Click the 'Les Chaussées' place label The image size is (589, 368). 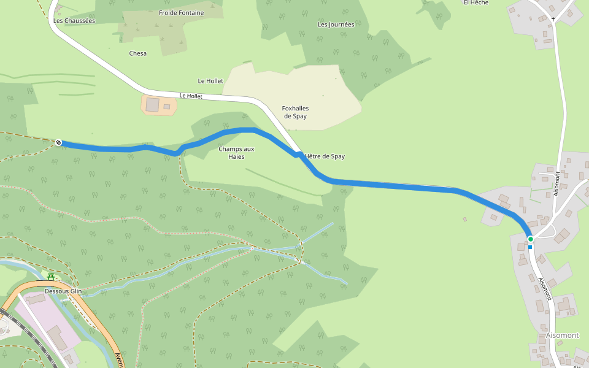74,20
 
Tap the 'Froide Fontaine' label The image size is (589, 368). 181,12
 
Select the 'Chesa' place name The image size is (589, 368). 138,53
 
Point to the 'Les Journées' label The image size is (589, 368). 336,25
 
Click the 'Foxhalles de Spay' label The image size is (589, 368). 294,112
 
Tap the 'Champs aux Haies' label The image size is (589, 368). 236,153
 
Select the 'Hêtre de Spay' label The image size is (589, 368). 325,156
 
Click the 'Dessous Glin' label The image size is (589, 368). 63,291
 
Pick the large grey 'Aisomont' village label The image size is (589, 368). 562,335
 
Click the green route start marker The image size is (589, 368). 530,239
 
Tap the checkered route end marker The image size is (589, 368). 59,143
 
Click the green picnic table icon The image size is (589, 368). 51,277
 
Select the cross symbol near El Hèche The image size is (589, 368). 553,20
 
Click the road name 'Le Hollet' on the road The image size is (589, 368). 191,96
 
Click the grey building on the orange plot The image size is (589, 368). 152,105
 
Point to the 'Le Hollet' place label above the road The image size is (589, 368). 210,81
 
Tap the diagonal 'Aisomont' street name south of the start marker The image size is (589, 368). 545,289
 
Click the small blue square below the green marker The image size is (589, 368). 530,247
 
